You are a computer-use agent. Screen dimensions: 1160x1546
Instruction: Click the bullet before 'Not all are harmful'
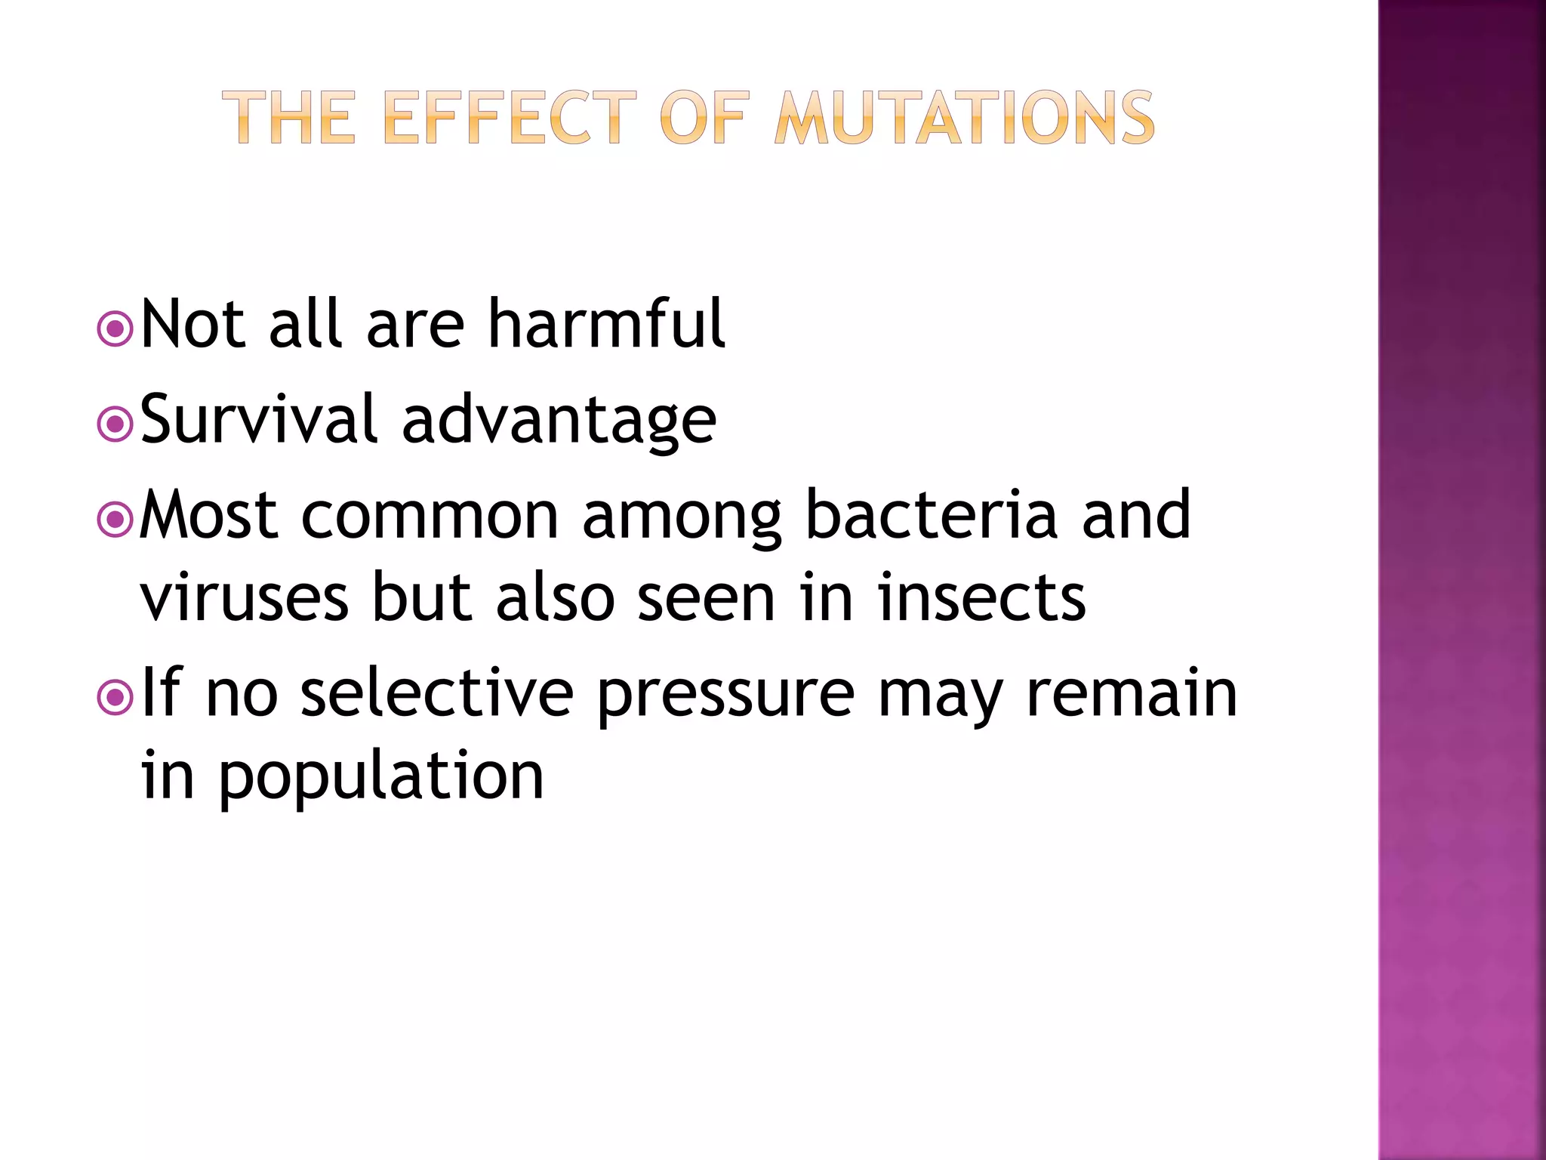point(115,329)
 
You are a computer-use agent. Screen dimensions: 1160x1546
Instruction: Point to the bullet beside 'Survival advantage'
point(115,424)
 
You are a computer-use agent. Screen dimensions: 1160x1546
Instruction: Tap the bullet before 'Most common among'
point(115,520)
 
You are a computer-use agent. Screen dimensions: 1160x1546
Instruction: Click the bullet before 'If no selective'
point(115,698)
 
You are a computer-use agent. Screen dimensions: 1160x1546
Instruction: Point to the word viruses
point(245,598)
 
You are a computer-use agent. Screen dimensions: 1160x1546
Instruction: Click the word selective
point(437,693)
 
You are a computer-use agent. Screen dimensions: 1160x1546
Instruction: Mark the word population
point(381,778)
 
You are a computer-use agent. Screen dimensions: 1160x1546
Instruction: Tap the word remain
point(1132,693)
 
